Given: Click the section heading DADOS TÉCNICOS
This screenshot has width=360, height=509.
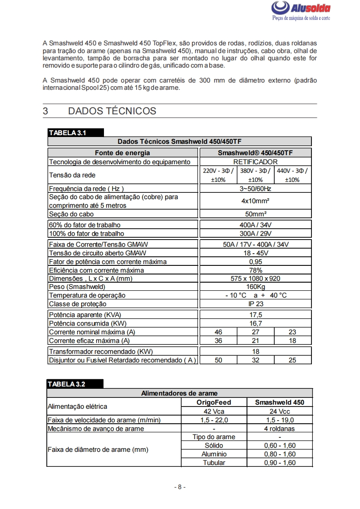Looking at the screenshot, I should coord(112,111).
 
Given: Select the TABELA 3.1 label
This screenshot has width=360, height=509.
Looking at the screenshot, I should coord(68,133).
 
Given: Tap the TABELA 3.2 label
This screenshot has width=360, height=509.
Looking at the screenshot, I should coord(67,384).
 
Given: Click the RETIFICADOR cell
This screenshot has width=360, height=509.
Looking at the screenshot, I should coord(255,162).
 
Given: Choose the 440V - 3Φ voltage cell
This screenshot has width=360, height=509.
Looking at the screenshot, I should coord(293,175).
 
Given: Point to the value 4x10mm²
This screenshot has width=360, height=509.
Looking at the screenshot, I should coord(255,201).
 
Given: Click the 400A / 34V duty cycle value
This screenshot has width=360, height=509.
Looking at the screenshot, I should coord(255,225).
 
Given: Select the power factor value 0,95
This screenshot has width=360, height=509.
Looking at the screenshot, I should coord(255,262).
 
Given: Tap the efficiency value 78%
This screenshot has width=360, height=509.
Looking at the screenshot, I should coord(255,270).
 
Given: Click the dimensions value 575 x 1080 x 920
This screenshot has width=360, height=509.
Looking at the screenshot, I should coord(255,279).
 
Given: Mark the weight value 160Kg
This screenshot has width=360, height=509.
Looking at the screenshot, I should coord(255,287).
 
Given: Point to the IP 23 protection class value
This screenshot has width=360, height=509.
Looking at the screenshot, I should coord(255,304).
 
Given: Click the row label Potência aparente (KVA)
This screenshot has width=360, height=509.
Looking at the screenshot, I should coord(85,315).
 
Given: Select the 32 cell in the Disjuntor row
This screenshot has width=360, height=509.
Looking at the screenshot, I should coord(255,360).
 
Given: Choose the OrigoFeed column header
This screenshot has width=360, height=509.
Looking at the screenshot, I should coord(214,402).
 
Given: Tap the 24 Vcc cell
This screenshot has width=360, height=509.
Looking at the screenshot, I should coord(280,411).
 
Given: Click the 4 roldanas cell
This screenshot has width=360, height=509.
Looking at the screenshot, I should coord(280,429).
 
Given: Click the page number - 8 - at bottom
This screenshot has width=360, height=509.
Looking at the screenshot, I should coord(180,487).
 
